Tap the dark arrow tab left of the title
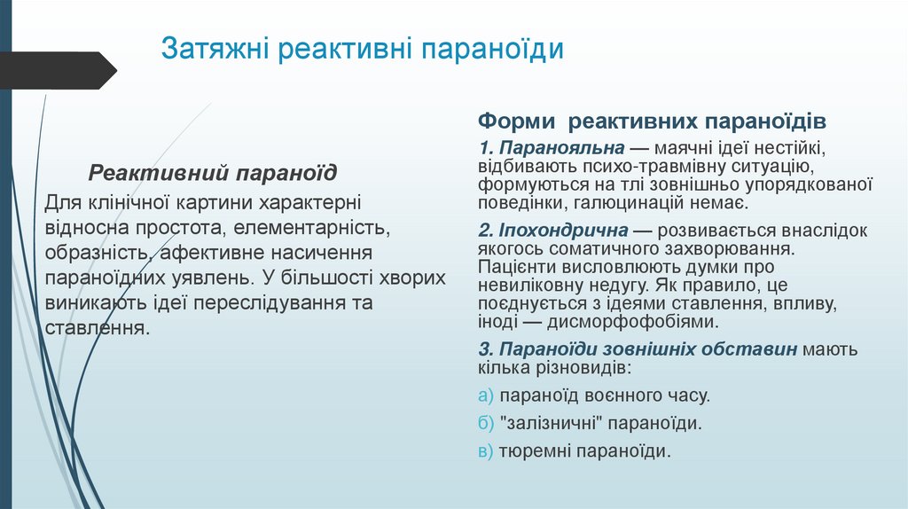click(58, 70)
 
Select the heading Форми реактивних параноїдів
click(653, 120)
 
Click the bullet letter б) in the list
click(484, 423)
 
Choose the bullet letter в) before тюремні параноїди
click(484, 451)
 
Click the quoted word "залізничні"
click(542, 423)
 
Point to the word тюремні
click(535, 451)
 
